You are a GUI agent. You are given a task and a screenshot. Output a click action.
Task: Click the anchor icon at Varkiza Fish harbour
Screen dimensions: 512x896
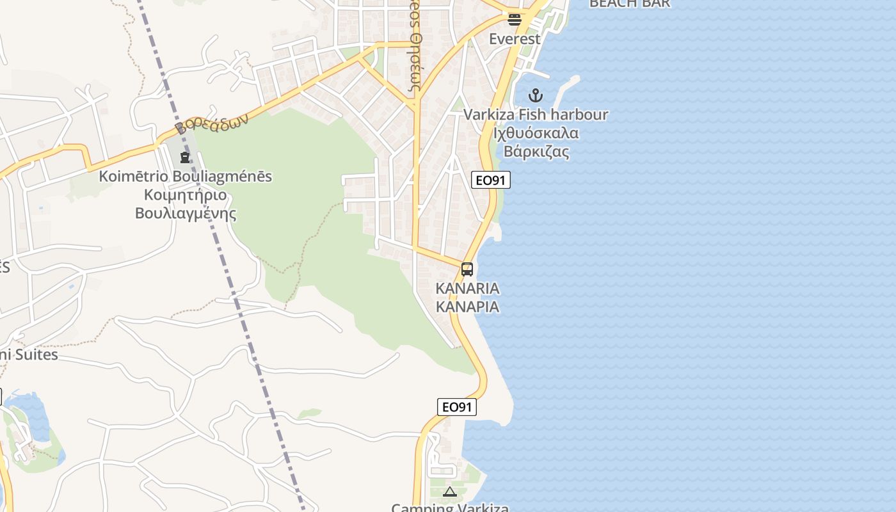(x=535, y=96)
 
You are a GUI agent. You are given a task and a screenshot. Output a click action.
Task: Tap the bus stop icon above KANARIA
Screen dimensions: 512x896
(x=467, y=269)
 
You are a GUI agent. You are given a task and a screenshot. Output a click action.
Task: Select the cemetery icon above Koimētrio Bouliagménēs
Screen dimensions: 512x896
(x=185, y=156)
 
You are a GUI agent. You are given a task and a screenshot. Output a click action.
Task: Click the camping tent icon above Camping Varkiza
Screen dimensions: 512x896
(x=449, y=492)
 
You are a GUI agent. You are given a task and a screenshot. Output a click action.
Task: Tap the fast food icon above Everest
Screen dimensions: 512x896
(x=515, y=19)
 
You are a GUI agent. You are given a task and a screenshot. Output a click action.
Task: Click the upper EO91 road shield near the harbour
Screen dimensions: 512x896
(x=491, y=180)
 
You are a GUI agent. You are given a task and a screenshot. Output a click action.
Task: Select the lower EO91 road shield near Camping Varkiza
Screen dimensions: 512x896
(x=457, y=407)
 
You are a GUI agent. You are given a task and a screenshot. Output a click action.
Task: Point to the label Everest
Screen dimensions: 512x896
(x=515, y=39)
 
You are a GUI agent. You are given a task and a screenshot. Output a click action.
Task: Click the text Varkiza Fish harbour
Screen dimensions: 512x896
(x=535, y=115)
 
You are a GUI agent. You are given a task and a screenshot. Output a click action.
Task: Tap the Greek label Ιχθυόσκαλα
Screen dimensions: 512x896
(x=536, y=134)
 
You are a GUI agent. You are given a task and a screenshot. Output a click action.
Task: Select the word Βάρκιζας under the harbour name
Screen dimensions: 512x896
(x=536, y=152)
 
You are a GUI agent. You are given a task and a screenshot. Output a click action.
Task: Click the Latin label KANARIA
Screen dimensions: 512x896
(x=467, y=288)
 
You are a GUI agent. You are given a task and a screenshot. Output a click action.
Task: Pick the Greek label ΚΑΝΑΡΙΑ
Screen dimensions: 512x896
(x=467, y=307)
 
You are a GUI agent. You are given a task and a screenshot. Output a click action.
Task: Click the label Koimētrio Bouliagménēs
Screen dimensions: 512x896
(x=185, y=176)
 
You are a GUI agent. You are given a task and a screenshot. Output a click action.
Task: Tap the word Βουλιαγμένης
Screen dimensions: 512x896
(x=185, y=213)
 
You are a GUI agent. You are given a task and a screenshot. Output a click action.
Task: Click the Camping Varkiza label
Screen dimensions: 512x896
(x=450, y=508)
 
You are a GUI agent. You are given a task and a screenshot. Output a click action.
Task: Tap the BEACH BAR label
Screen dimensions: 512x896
(x=629, y=4)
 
